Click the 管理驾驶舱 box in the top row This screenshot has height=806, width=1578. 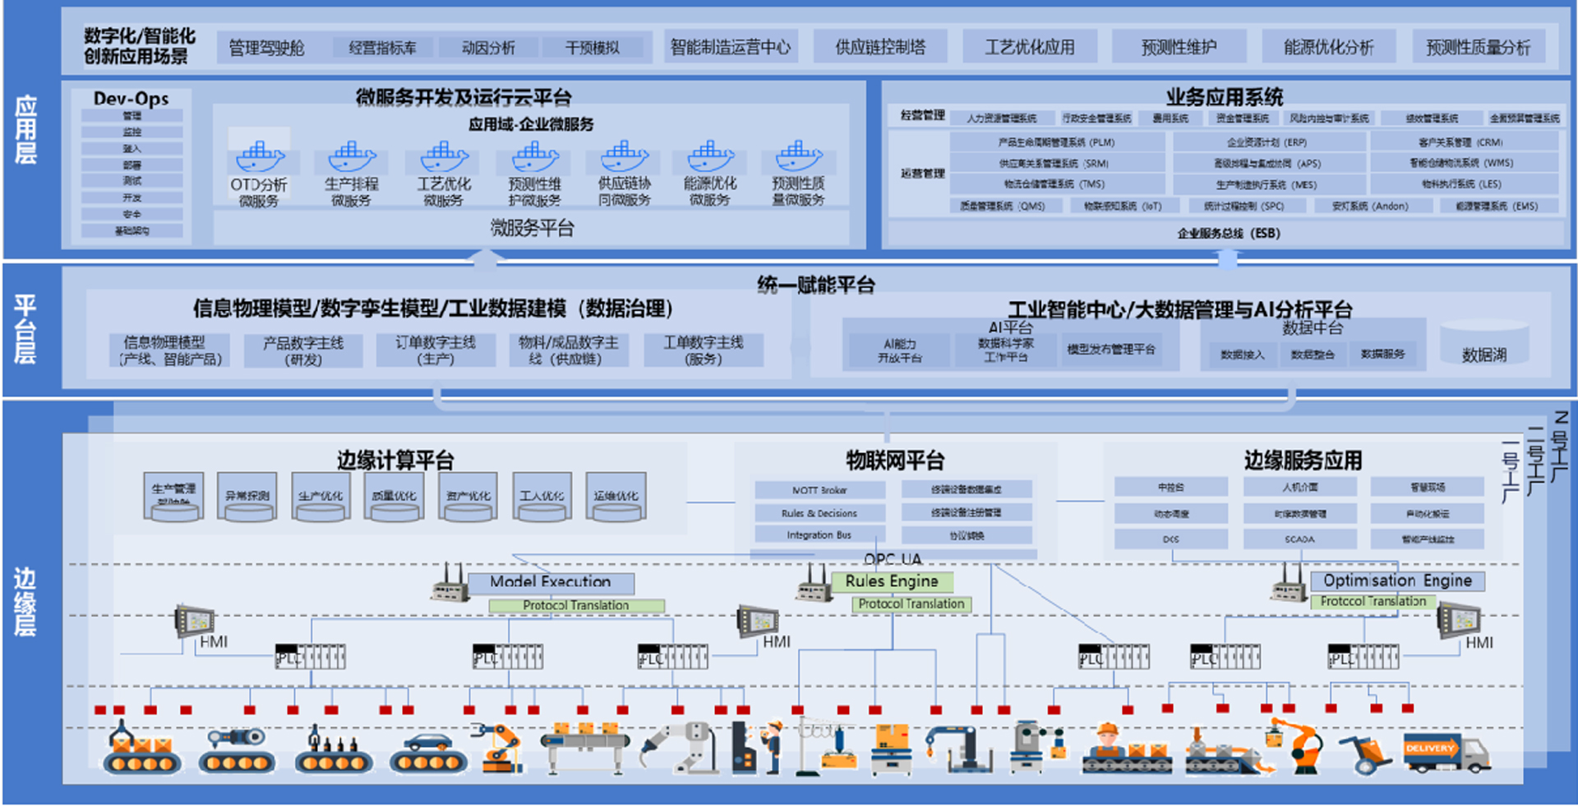click(x=266, y=48)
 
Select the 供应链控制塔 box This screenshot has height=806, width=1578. click(x=879, y=47)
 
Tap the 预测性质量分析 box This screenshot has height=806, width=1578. click(x=1478, y=48)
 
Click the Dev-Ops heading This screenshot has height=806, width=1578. click(x=131, y=99)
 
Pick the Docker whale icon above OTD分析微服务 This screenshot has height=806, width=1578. click(x=259, y=155)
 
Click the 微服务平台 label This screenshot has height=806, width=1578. click(x=532, y=228)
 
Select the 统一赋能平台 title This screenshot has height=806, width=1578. click(x=816, y=285)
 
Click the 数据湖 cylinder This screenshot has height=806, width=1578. click(x=1484, y=345)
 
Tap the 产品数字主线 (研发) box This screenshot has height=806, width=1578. click(x=303, y=350)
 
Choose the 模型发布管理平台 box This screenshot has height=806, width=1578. click(x=1111, y=350)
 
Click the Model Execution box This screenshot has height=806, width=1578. click(x=551, y=582)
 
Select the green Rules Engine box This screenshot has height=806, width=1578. click(x=892, y=581)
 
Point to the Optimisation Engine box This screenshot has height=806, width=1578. click(x=1397, y=581)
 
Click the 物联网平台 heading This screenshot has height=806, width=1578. click(x=895, y=460)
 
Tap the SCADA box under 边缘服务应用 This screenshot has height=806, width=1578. click(x=1299, y=540)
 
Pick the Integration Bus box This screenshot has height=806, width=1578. click(x=819, y=535)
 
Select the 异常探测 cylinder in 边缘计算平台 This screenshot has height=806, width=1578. click(x=247, y=497)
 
